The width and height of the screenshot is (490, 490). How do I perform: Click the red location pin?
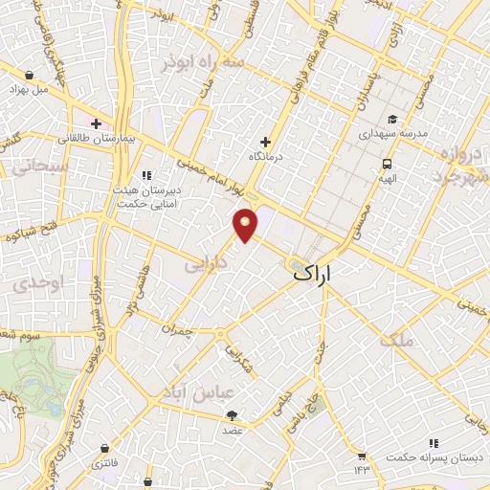(246, 224)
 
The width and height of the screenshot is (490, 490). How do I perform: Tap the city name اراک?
(313, 275)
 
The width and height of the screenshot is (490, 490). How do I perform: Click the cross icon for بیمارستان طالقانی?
(96, 122)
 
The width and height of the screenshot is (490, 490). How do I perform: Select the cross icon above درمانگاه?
(266, 142)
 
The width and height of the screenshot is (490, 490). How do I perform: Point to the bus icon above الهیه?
(387, 163)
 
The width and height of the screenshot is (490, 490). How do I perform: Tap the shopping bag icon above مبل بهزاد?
(30, 74)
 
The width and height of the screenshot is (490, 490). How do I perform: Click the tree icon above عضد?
(233, 415)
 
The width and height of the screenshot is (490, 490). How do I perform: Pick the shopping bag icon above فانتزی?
(103, 447)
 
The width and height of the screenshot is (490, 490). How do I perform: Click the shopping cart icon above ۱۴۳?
(363, 457)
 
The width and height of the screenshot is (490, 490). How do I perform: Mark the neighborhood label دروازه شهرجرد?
(451, 165)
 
